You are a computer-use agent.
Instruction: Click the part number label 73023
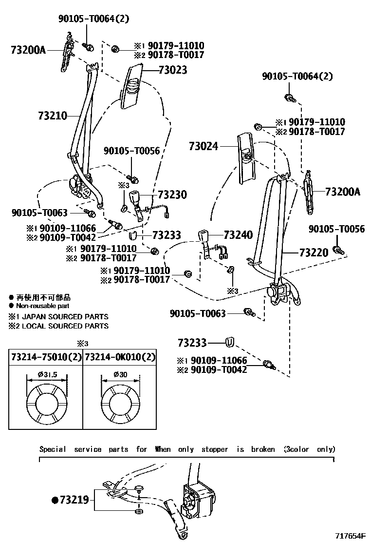(x=173, y=70)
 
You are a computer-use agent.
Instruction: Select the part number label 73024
(x=204, y=146)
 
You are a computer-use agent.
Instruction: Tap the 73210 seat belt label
(x=52, y=116)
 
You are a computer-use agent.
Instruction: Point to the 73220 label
(x=314, y=252)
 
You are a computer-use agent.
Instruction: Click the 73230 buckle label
(x=172, y=194)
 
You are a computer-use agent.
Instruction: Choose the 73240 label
(x=238, y=235)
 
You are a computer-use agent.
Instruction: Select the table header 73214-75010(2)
(x=46, y=357)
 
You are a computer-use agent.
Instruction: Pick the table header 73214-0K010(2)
(x=120, y=357)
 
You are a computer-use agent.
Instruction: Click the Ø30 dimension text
(x=120, y=374)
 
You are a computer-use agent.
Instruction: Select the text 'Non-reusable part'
(x=43, y=306)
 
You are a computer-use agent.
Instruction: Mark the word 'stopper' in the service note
(x=215, y=449)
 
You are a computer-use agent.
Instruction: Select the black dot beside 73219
(x=55, y=500)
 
